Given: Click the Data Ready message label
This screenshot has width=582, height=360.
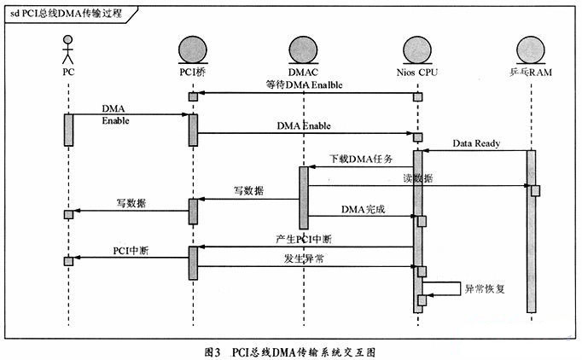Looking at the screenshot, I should click(x=476, y=144).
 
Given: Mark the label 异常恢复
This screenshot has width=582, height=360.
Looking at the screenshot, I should click(x=484, y=288).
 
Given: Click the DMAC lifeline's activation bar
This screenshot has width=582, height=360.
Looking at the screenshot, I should click(x=303, y=196).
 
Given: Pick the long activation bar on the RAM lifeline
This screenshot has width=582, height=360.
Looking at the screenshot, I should click(x=530, y=230).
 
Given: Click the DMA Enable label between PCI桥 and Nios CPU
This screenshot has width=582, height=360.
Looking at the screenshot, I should click(x=304, y=126).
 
